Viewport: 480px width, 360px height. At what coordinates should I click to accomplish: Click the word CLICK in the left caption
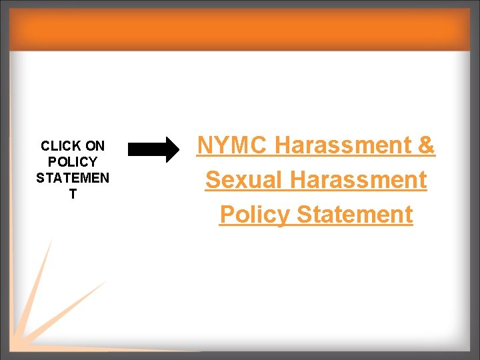tap(60, 145)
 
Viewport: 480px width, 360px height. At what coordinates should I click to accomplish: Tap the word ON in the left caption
tap(95, 145)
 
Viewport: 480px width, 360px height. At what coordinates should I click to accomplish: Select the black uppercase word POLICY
tap(73, 162)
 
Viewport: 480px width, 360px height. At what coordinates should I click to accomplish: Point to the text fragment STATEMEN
tap(73, 178)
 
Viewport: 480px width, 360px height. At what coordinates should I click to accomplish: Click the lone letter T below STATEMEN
tap(73, 194)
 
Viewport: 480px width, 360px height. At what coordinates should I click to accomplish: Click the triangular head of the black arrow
tap(171, 149)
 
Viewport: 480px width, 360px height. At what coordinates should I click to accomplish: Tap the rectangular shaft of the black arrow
tap(145, 149)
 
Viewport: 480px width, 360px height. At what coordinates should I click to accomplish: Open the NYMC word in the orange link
tap(232, 145)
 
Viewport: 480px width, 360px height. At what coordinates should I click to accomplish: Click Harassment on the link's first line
tap(342, 145)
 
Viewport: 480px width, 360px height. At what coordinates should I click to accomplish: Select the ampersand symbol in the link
tap(426, 145)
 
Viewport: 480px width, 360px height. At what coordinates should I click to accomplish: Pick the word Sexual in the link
tap(245, 180)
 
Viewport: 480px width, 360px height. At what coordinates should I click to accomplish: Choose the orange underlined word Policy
tap(255, 215)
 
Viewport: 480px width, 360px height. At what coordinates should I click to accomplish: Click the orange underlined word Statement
tap(355, 215)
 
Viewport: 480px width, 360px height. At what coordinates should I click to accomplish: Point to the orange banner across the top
tap(240, 30)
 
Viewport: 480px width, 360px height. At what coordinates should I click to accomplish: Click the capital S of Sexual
tap(213, 180)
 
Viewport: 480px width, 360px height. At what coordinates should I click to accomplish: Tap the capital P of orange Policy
tap(227, 215)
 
